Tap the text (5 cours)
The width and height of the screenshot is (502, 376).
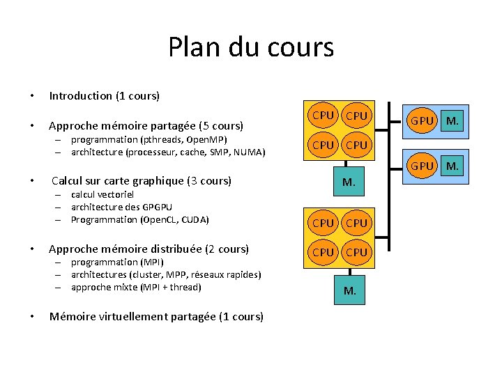click(x=221, y=126)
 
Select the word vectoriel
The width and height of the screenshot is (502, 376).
click(x=116, y=194)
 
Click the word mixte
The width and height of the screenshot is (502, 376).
click(x=124, y=287)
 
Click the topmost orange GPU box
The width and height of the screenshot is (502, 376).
click(x=423, y=120)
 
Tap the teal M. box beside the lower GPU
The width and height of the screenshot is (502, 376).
click(x=452, y=166)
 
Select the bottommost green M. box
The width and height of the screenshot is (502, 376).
click(x=349, y=290)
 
